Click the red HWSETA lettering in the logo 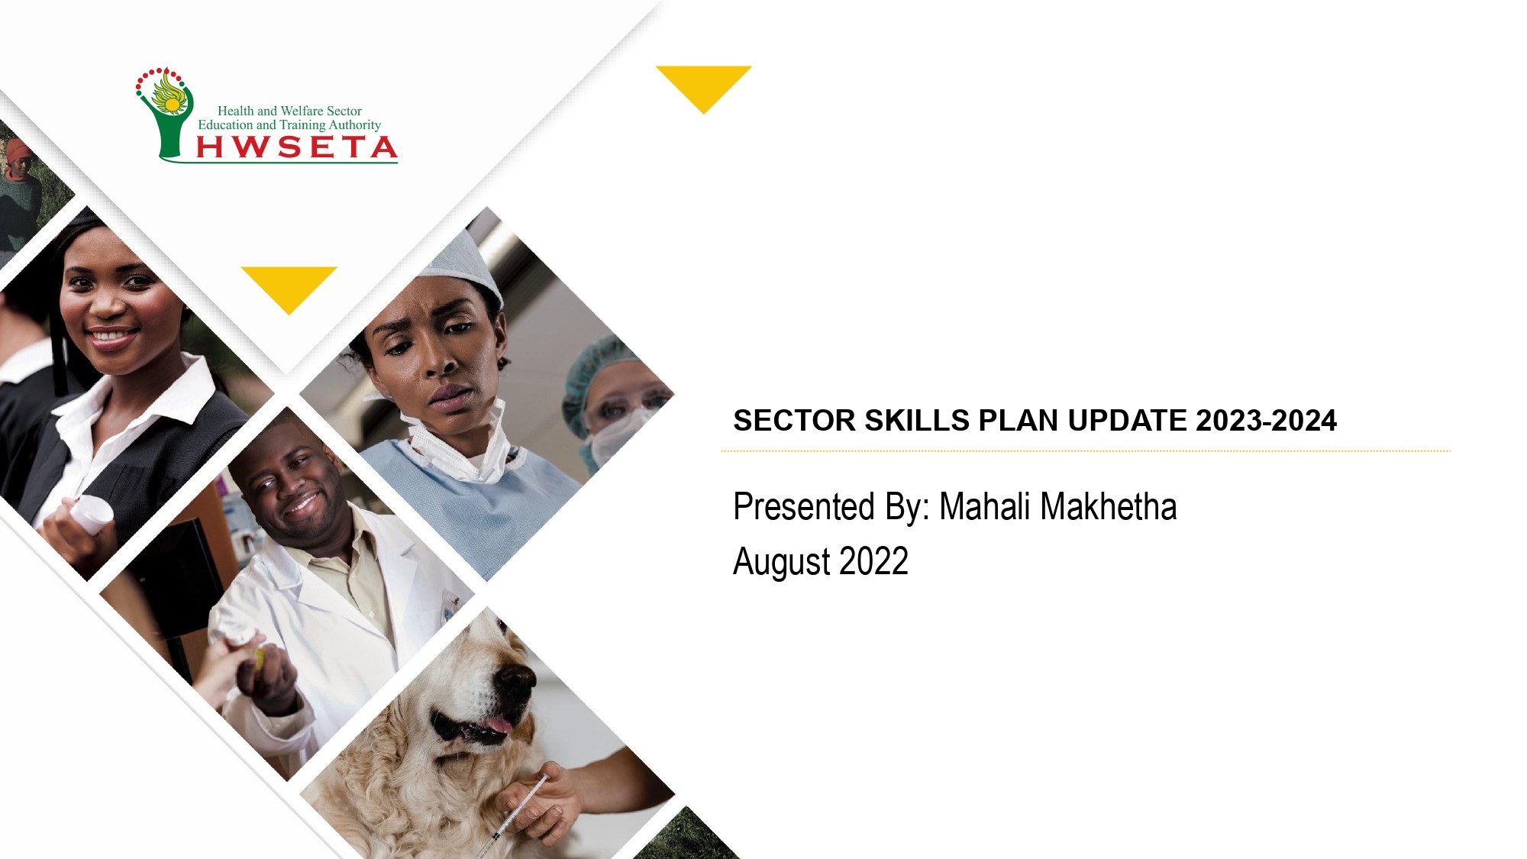297,147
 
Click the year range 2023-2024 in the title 1266,421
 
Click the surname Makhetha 1108,506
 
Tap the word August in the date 782,563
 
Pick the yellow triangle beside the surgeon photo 289,286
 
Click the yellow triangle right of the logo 703,86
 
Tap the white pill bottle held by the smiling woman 92,514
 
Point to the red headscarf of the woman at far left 20,148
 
